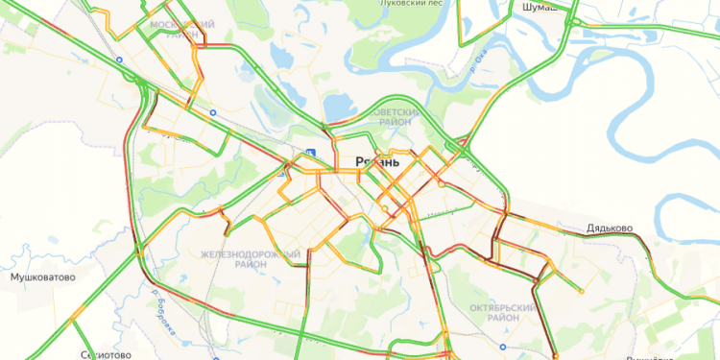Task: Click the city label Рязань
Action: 376,162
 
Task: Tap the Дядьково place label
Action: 610,229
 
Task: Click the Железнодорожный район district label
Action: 250,258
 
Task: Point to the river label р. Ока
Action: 474,64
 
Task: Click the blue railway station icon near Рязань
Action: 309,154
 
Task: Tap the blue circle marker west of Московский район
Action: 120,60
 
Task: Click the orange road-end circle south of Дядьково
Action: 580,290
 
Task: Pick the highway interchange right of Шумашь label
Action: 574,19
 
